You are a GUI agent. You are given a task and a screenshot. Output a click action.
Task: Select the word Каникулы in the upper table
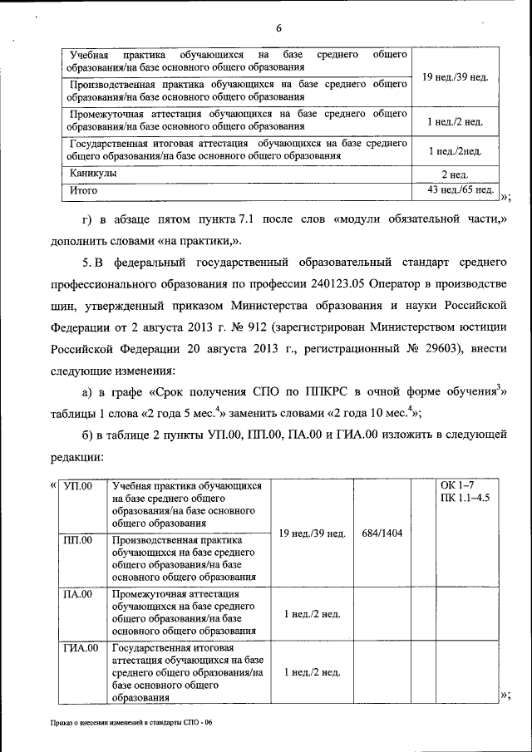coord(93,174)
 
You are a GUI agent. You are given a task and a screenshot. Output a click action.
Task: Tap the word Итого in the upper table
coord(84,190)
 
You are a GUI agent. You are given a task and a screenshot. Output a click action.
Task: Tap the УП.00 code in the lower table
coord(78,485)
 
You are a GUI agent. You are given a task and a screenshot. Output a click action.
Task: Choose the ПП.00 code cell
coord(78,541)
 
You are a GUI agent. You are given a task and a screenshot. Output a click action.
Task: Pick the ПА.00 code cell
coord(78,595)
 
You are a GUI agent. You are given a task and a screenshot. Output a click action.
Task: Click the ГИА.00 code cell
coord(81,647)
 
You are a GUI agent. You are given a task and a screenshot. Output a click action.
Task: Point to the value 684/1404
coord(382,533)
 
